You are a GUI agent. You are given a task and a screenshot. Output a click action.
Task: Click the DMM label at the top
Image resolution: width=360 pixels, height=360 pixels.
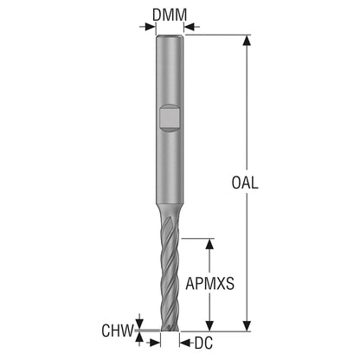point(170,15)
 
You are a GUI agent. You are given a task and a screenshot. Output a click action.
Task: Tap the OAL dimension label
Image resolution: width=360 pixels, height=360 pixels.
point(245,183)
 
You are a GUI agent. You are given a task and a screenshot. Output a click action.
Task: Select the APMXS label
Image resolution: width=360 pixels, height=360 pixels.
point(209,284)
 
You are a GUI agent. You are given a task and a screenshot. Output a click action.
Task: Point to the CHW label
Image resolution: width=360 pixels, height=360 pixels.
point(118,331)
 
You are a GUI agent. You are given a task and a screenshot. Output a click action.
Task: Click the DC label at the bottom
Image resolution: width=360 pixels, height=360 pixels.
point(203,343)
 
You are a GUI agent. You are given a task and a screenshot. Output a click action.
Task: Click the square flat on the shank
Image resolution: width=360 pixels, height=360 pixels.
point(170,118)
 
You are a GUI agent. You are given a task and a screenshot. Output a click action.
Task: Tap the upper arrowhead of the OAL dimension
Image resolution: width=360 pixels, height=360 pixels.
point(246,41)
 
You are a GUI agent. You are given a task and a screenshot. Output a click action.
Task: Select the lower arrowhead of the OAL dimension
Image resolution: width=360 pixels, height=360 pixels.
point(246,326)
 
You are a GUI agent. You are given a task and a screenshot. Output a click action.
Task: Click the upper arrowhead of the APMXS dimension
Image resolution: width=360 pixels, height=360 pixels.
point(209,244)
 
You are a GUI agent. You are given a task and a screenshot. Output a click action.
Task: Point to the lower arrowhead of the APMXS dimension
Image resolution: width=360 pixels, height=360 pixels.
point(209,326)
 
